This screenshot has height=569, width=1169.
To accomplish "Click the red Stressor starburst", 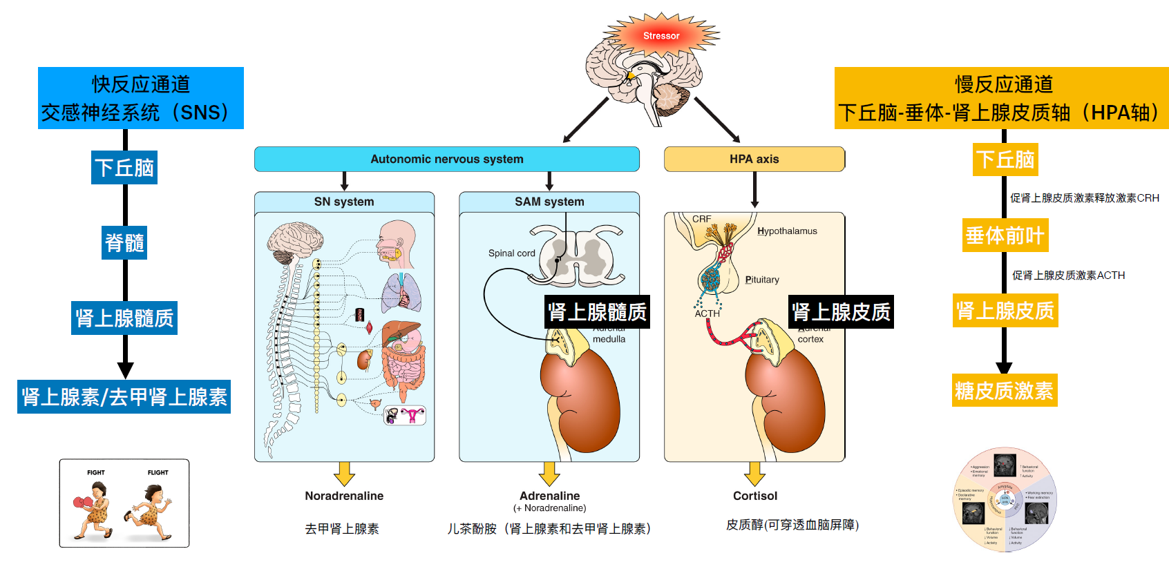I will click(x=661, y=36).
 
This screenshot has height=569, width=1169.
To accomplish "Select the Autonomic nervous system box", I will click(x=446, y=159).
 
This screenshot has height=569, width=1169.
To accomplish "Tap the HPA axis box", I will click(x=754, y=159).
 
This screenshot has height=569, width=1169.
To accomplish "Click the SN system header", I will click(x=344, y=202).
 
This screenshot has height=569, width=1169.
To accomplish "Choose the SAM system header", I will click(x=549, y=202).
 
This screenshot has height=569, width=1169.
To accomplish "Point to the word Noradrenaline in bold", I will click(x=344, y=496).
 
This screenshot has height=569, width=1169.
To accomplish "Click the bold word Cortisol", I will click(x=755, y=496).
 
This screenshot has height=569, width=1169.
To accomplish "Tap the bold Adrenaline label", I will click(x=549, y=496).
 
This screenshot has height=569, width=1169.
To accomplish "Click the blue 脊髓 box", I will click(x=124, y=242).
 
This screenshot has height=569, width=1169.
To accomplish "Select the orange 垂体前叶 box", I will click(x=1005, y=235).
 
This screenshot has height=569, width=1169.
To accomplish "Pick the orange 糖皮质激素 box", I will click(x=1004, y=390).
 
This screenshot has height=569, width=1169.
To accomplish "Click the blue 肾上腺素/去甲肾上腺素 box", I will click(x=124, y=397).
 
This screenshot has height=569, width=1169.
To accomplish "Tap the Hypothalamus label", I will click(x=787, y=231).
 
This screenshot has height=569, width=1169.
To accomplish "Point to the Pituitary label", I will click(x=762, y=280).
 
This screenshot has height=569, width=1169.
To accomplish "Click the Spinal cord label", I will click(x=511, y=253).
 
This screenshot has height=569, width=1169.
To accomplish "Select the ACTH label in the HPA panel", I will click(x=707, y=314).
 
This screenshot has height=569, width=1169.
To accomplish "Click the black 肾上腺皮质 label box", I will click(x=841, y=312).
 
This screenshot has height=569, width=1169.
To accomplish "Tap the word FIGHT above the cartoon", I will click(x=96, y=473).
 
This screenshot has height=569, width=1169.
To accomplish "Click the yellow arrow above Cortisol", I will click(x=754, y=474).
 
